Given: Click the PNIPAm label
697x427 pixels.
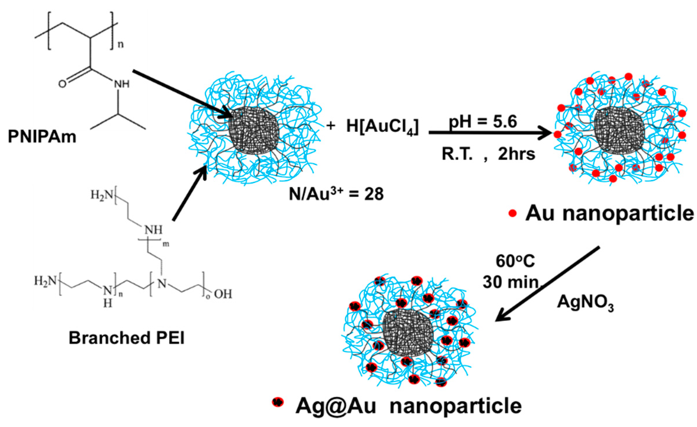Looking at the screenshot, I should pyautogui.click(x=42, y=136).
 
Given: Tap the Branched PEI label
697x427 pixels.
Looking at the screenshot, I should pyautogui.click(x=127, y=338).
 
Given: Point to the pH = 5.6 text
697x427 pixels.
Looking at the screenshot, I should pyautogui.click(x=483, y=122).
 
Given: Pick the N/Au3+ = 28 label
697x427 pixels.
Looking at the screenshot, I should pyautogui.click(x=336, y=193).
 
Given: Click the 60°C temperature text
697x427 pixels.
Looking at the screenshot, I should pyautogui.click(x=515, y=261).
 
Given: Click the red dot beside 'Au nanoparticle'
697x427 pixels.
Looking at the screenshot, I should pyautogui.click(x=512, y=213).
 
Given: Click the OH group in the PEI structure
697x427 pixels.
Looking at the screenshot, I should pyautogui.click(x=223, y=294).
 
